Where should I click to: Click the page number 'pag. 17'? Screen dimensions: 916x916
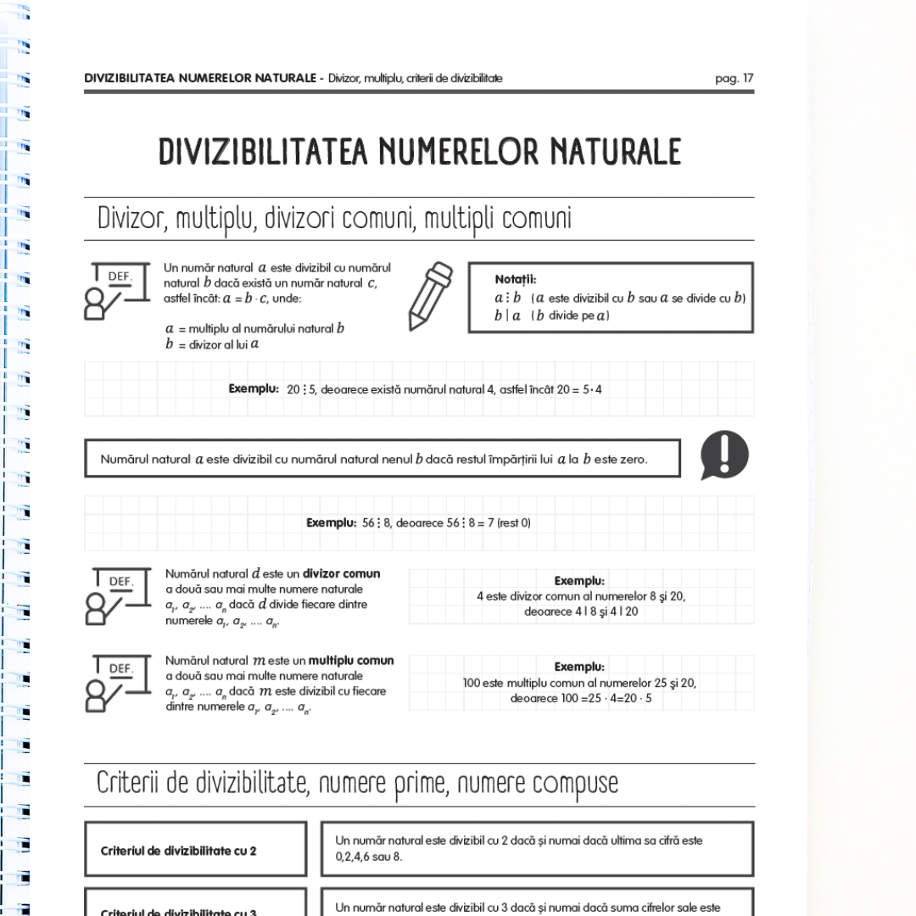734,79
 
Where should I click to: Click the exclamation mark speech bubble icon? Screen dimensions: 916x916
723,455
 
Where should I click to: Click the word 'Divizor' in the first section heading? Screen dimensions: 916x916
132,219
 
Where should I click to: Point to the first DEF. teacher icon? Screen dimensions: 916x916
116,291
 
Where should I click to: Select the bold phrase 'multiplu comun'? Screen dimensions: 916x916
350,661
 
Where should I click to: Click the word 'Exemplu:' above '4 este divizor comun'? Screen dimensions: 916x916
579,581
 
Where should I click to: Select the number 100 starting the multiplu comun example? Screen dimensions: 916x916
472,683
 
